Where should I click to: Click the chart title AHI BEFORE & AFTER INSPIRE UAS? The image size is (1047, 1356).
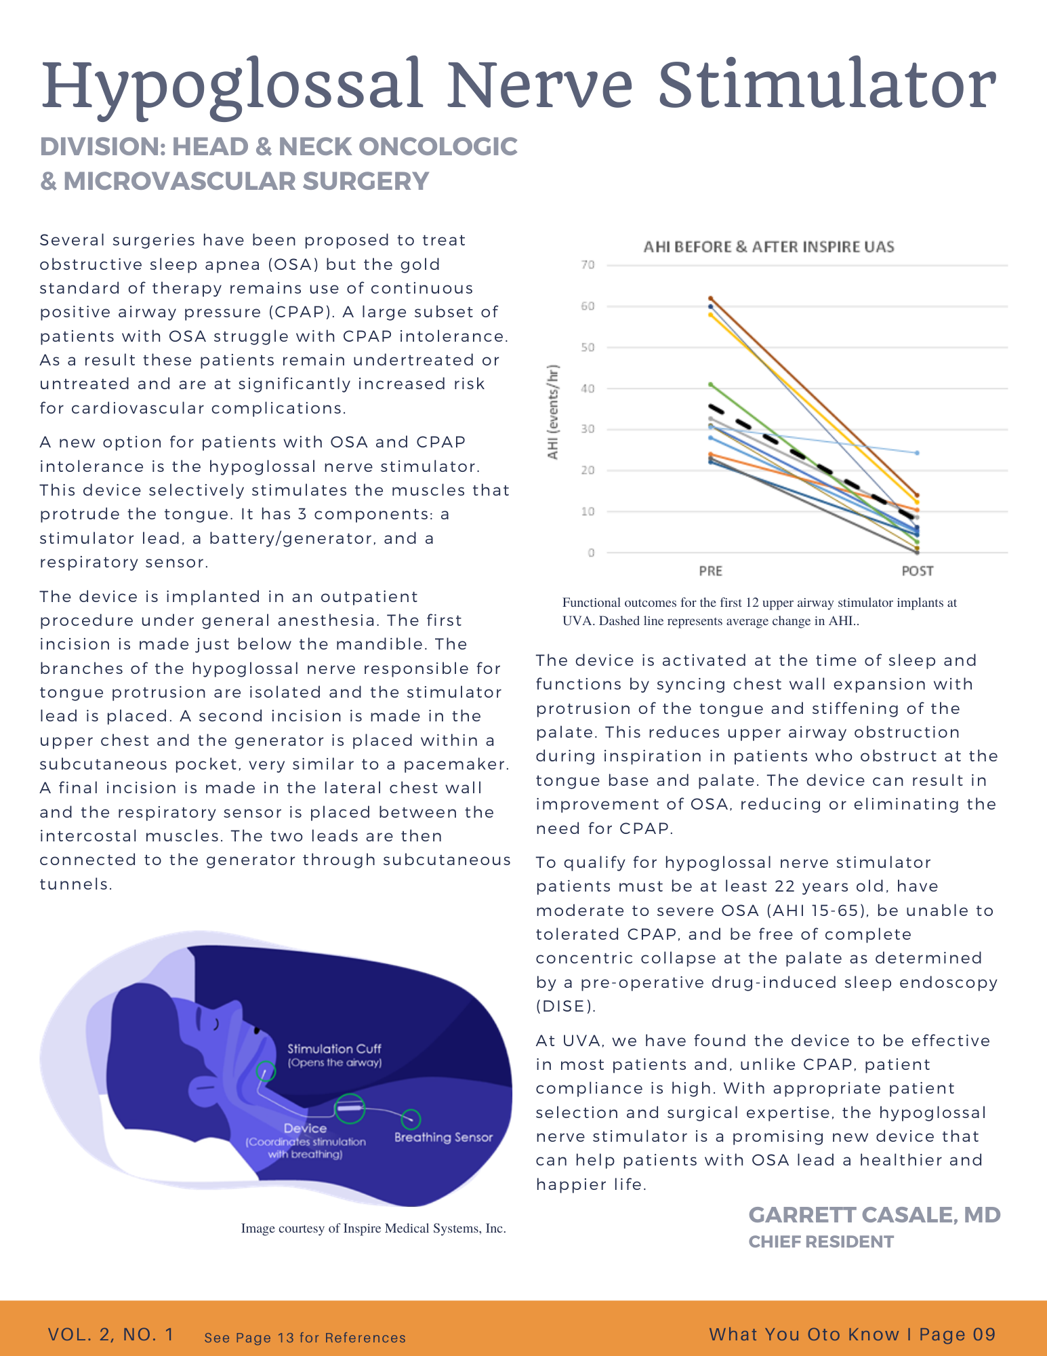click(768, 247)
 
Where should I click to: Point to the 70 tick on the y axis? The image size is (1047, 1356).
click(587, 265)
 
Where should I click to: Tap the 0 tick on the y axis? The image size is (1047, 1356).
click(591, 553)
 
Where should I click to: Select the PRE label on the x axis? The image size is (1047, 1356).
click(710, 571)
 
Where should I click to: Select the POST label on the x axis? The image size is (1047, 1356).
click(917, 571)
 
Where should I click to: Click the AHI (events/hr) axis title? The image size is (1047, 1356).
click(554, 412)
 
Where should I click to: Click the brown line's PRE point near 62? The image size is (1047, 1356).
click(710, 298)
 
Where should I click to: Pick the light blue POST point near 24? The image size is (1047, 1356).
click(917, 453)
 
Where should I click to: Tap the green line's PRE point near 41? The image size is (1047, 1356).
click(710, 384)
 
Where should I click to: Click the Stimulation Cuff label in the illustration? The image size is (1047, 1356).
click(334, 1049)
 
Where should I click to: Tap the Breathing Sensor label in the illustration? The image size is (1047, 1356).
click(443, 1137)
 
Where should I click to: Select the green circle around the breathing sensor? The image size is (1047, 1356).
click(411, 1119)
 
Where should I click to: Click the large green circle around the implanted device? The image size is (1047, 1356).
click(350, 1109)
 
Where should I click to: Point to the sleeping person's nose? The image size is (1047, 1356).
click(255, 1029)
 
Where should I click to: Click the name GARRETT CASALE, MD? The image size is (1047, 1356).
click(874, 1215)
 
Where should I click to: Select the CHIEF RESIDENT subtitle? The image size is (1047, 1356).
click(821, 1241)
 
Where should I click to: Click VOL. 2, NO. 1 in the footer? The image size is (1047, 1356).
click(111, 1334)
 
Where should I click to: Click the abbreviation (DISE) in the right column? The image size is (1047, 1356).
click(566, 1006)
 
